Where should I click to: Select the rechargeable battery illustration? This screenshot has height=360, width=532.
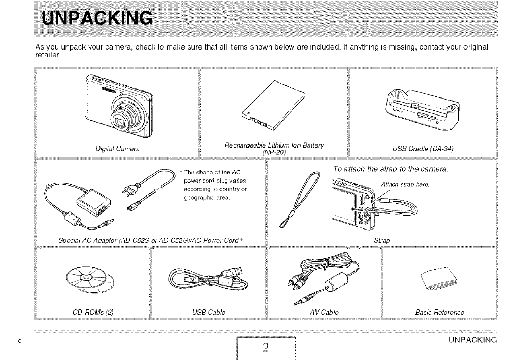273,108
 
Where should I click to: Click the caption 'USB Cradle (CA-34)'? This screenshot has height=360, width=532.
423,150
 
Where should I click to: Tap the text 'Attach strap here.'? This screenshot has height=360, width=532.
405,185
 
